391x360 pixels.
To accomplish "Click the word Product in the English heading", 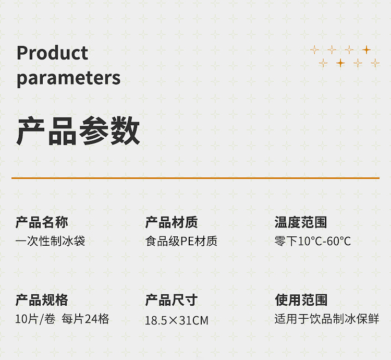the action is (x=52, y=53).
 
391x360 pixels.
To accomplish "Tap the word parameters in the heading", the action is (x=69, y=78).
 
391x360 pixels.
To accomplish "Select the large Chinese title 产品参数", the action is (x=78, y=130).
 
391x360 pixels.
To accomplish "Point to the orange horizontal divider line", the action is (x=195, y=178).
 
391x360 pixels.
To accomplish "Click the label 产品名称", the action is (x=42, y=222).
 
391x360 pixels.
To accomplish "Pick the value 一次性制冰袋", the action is (x=50, y=241).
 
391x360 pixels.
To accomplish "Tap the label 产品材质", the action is (x=172, y=222).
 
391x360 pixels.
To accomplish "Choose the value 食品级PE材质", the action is (x=181, y=241).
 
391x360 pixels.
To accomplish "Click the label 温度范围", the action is (x=301, y=222).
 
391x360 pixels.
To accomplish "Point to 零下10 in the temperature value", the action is (x=292, y=241).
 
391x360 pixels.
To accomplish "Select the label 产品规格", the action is (x=42, y=300).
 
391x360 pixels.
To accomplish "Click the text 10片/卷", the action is (x=35, y=319).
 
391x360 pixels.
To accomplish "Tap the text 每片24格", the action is (x=85, y=319).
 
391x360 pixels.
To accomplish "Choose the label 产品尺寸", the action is (x=172, y=300).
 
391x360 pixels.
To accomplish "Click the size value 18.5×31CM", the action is (x=177, y=320).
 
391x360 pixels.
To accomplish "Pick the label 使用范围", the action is (x=301, y=300).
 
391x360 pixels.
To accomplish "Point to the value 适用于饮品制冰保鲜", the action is (x=327, y=319).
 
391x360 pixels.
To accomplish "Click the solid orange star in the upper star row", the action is (x=366, y=50).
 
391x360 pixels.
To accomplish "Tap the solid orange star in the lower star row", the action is (x=340, y=63).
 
